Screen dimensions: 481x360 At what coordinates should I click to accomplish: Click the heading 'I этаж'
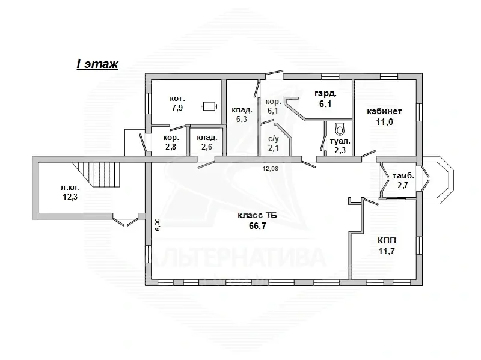pyautogui.click(x=97, y=64)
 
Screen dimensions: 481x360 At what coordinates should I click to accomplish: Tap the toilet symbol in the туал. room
pyautogui.click(x=340, y=129)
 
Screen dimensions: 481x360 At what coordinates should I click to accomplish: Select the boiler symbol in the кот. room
pyautogui.click(x=209, y=106)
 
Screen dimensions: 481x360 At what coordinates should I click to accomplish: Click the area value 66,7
pyautogui.click(x=257, y=226)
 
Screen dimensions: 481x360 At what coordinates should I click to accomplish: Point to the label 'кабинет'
pyautogui.click(x=384, y=111)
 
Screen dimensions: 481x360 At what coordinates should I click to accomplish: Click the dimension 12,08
pyautogui.click(x=270, y=168)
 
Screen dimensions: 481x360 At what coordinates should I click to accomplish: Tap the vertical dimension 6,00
pyautogui.click(x=158, y=224)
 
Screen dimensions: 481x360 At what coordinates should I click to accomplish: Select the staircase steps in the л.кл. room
pyautogui.click(x=99, y=174)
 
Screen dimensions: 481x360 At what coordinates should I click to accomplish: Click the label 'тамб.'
pyautogui.click(x=403, y=176)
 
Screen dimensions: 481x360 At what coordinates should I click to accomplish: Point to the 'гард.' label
pyautogui.click(x=326, y=93)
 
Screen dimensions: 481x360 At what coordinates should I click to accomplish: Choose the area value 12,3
pyautogui.click(x=70, y=197)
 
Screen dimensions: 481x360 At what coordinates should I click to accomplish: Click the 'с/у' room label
pyautogui.click(x=274, y=139)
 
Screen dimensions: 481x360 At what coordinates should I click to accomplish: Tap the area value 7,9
pyautogui.click(x=177, y=108)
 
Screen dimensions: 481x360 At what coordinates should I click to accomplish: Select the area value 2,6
pyautogui.click(x=207, y=147)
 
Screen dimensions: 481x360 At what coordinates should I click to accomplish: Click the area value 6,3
pyautogui.click(x=242, y=119)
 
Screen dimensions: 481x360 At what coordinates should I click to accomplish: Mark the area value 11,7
pyautogui.click(x=387, y=251)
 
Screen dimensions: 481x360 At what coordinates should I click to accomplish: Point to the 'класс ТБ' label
pyautogui.click(x=257, y=216)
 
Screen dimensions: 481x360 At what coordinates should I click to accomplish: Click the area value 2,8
pyautogui.click(x=171, y=147)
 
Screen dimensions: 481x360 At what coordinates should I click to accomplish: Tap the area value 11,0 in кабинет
pyautogui.click(x=385, y=122)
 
